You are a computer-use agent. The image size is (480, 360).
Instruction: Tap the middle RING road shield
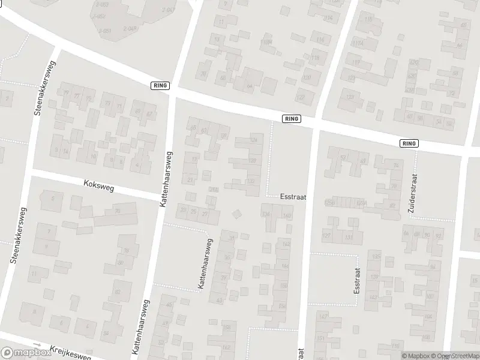(291, 119)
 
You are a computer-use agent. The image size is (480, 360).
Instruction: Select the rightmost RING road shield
(409, 143)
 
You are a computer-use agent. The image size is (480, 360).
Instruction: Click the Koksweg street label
(99, 186)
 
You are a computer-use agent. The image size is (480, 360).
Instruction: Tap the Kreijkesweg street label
(70, 352)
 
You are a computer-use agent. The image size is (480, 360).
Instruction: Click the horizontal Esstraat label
(293, 196)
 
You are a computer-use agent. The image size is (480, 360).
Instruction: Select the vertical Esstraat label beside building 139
(356, 280)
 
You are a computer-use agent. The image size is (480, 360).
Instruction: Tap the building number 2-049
(130, 29)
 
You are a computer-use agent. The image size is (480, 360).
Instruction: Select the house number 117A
(358, 43)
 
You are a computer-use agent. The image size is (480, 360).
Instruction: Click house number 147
(323, 316)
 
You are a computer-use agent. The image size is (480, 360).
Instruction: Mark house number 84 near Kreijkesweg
(106, 333)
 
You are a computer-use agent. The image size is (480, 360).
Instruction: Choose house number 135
(376, 256)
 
